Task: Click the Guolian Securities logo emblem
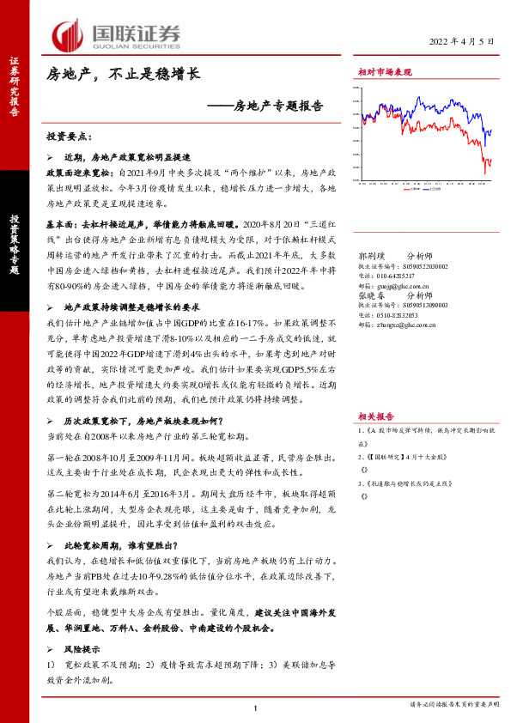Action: tap(66, 34)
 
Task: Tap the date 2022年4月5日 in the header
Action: tap(461, 42)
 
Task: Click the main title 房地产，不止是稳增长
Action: tap(123, 75)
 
